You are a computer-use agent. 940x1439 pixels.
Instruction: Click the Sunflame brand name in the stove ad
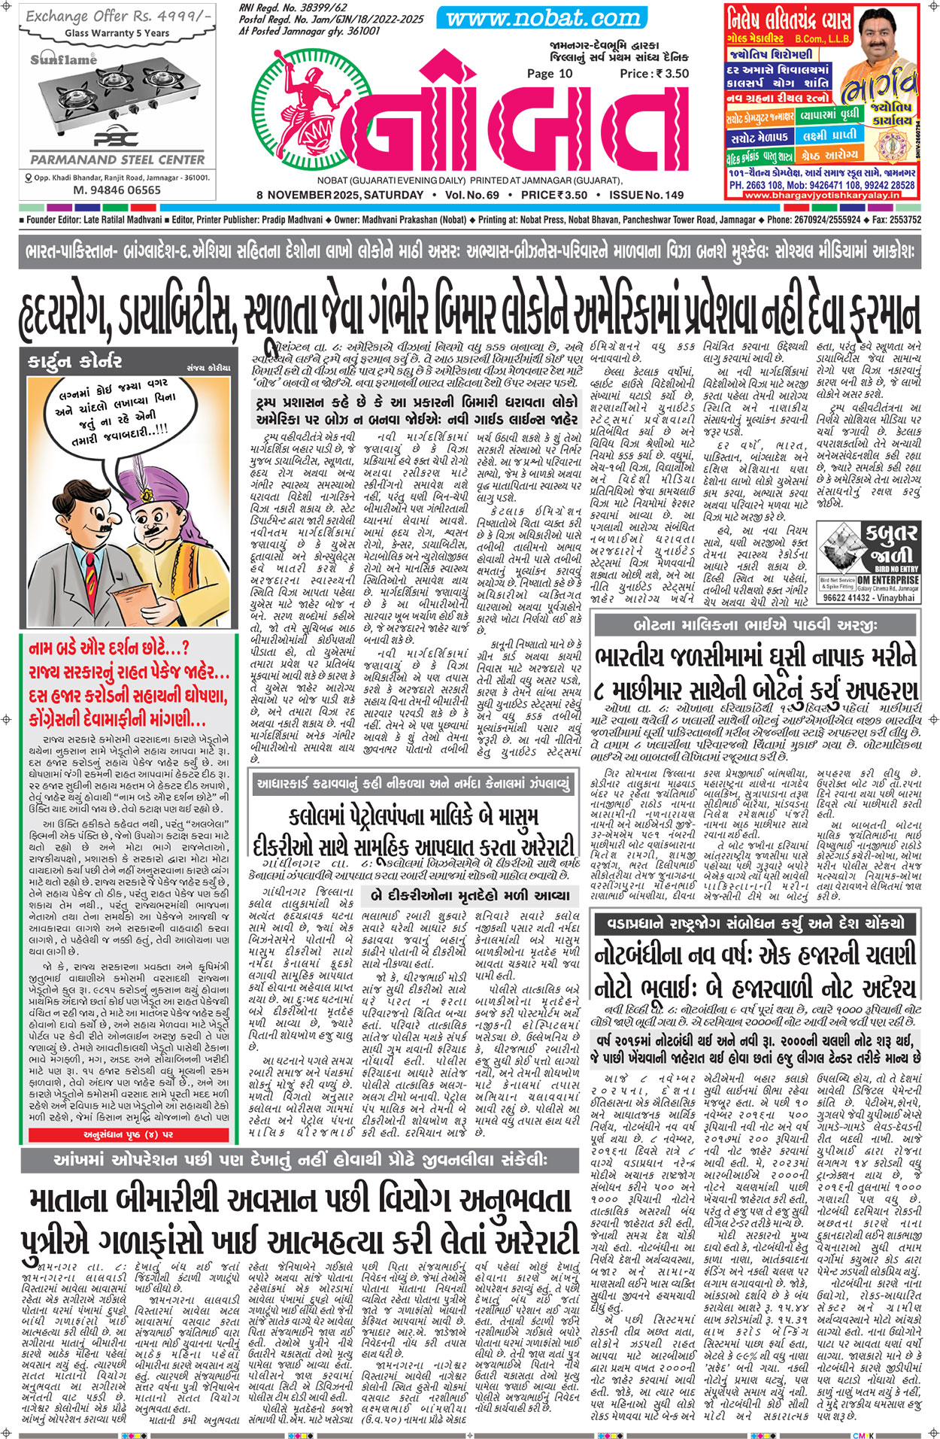tap(63, 59)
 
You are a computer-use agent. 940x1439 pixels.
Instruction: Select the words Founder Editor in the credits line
tap(56, 220)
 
